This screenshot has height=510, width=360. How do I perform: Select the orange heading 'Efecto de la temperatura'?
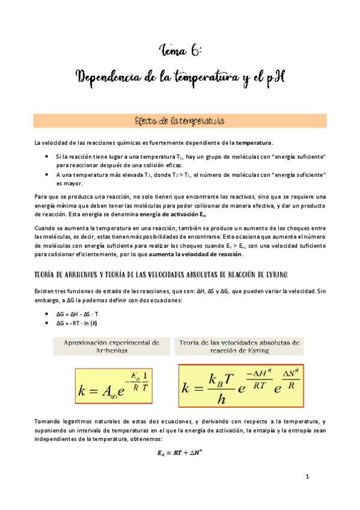tap(180, 121)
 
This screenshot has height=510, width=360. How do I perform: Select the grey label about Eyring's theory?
tap(239, 346)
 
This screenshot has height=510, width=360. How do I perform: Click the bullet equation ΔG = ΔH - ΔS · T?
tap(81, 313)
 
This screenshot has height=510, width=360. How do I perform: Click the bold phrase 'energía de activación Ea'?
tap(178, 214)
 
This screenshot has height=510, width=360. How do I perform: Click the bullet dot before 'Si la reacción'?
tap(48, 156)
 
